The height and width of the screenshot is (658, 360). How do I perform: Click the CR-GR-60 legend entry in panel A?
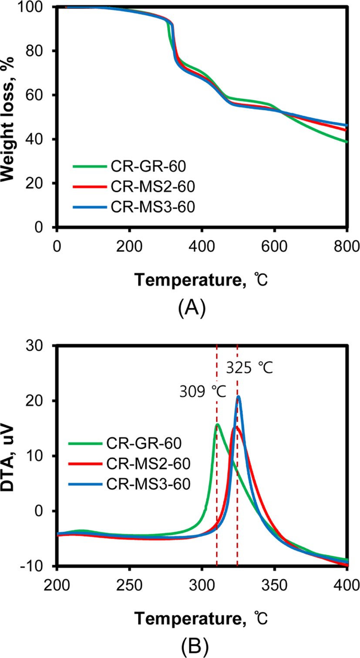click(129, 166)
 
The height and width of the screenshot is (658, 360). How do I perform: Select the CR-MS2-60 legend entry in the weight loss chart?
click(134, 187)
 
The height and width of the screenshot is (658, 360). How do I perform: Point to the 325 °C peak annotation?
click(249, 367)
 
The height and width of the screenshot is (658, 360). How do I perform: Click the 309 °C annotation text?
click(203, 392)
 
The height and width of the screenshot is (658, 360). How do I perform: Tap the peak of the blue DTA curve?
click(239, 396)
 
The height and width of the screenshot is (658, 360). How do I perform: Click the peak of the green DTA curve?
click(218, 424)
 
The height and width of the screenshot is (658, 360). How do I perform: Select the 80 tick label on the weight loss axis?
click(34, 51)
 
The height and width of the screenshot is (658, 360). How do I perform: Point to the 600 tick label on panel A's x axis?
click(274, 246)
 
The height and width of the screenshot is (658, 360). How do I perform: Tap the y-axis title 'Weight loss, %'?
click(8, 119)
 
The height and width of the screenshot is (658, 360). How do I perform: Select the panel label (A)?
click(192, 307)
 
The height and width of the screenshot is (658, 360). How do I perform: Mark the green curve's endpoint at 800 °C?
click(347, 142)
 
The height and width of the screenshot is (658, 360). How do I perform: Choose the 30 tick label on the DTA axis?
click(34, 346)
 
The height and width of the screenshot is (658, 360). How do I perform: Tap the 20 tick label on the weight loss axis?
click(34, 183)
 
